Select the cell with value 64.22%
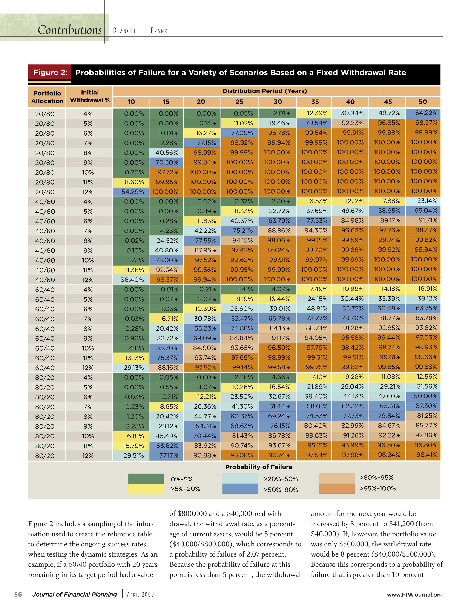click(x=423, y=113)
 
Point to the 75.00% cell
click(x=166, y=260)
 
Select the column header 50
click(x=423, y=102)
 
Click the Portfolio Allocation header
click(x=47, y=97)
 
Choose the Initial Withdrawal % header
click(x=90, y=96)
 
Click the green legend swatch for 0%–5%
click(x=146, y=479)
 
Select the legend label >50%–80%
click(x=281, y=490)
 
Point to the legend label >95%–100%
click(x=377, y=488)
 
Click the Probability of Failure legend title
click(x=258, y=467)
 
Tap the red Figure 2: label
click(x=50, y=73)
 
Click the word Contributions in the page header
click(x=70, y=30)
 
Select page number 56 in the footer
click(x=18, y=594)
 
